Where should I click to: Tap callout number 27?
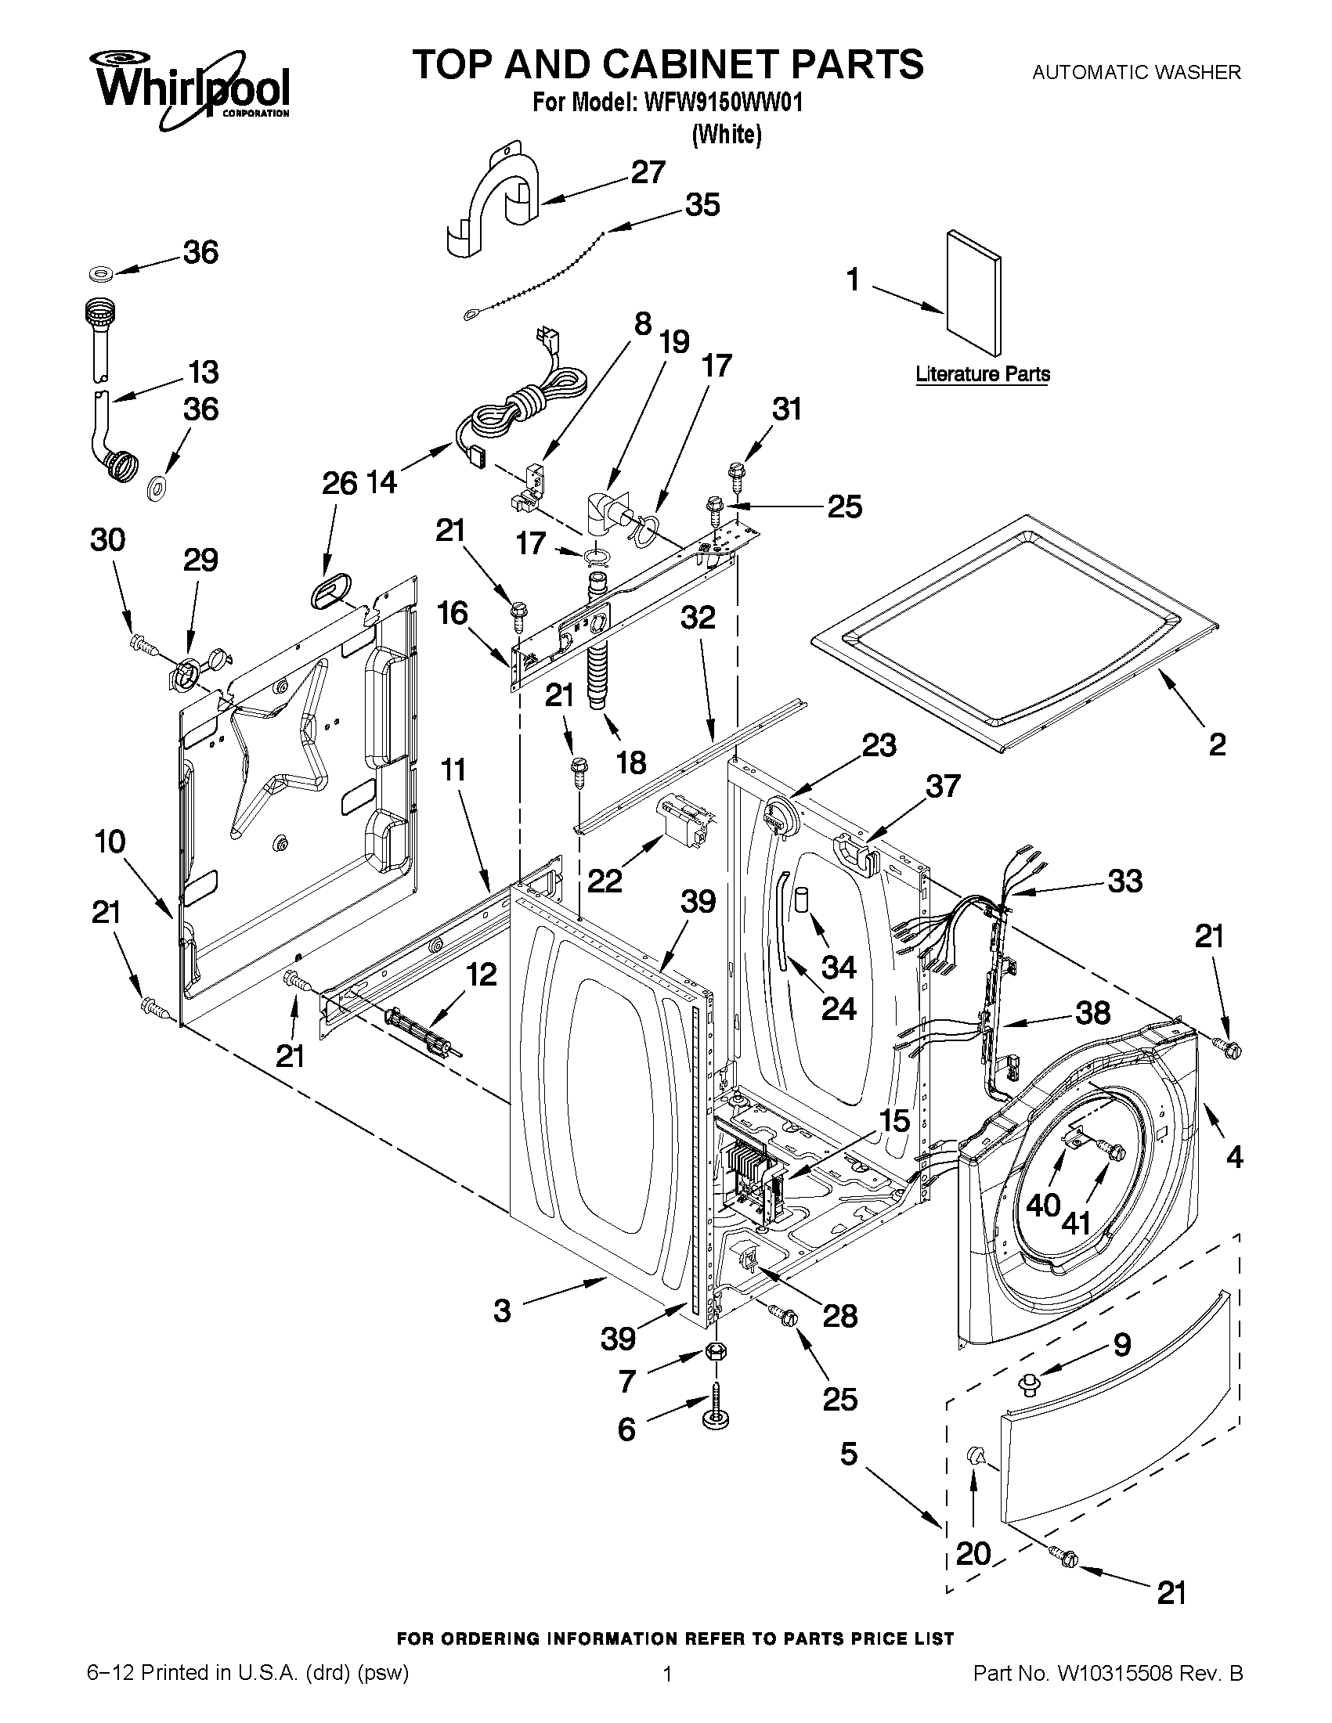[x=648, y=173]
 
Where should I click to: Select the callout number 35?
[x=702, y=205]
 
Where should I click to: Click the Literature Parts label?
[x=983, y=374]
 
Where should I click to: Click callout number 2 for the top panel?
[x=1216, y=744]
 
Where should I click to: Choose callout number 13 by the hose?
[x=203, y=373]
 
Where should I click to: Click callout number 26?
[x=339, y=483]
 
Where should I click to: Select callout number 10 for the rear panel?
[x=110, y=842]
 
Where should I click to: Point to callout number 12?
[x=481, y=975]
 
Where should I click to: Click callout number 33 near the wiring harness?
[x=1124, y=881]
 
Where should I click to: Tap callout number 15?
[x=894, y=1121]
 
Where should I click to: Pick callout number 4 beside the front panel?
[x=1234, y=1157]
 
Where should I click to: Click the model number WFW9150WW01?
[x=722, y=103]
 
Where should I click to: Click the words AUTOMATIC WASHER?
[x=1136, y=73]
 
